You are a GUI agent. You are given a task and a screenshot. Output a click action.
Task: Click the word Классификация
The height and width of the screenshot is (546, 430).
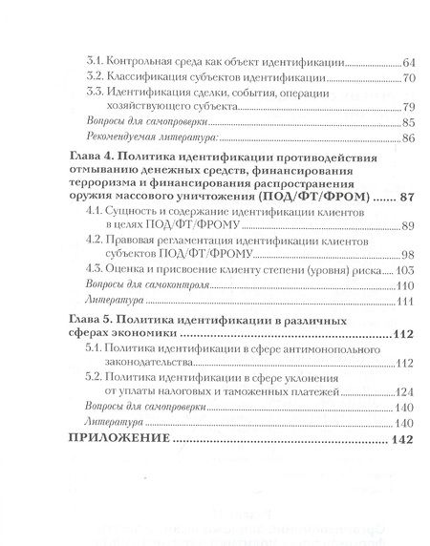(x=150, y=75)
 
